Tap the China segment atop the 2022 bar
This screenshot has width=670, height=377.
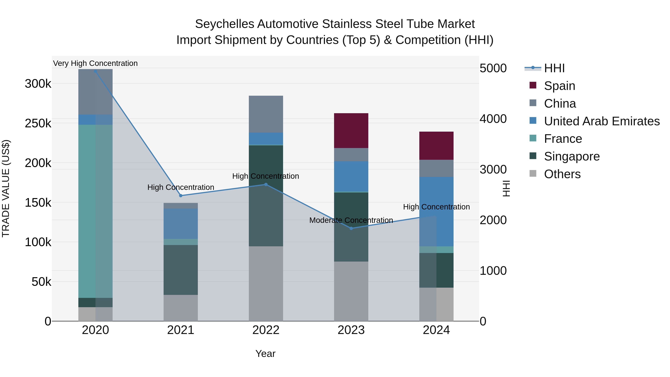pyautogui.click(x=266, y=114)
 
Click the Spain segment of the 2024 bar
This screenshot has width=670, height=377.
pyautogui.click(x=436, y=146)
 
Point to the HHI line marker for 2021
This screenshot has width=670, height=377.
pyautogui.click(x=181, y=196)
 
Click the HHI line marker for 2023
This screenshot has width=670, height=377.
pyautogui.click(x=351, y=228)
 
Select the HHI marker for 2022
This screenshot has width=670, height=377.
pyautogui.click(x=266, y=184)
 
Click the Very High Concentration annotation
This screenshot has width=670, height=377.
pyautogui.click(x=95, y=63)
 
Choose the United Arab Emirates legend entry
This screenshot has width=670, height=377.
pyautogui.click(x=602, y=121)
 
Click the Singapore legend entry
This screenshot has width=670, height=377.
pyautogui.click(x=572, y=156)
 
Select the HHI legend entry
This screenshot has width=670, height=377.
pyautogui.click(x=554, y=68)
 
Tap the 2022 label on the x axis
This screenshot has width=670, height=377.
pyautogui.click(x=266, y=330)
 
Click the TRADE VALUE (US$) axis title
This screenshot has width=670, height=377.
pyautogui.click(x=6, y=188)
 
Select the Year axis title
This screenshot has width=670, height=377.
pyautogui.click(x=265, y=354)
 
